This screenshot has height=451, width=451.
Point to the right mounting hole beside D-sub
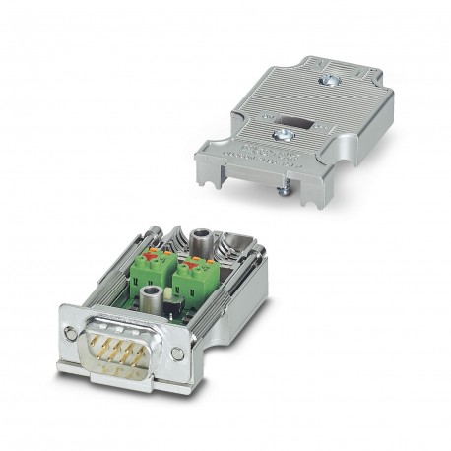(x=175, y=354)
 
